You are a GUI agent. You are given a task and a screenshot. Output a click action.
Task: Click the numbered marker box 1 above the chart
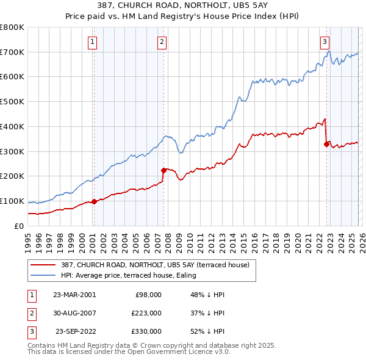92,42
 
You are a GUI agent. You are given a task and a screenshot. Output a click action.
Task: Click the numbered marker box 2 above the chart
162,42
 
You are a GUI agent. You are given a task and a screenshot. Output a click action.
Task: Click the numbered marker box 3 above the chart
325,42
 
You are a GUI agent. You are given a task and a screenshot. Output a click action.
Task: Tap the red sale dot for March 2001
95,201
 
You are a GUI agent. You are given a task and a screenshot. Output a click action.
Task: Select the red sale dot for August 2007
163,170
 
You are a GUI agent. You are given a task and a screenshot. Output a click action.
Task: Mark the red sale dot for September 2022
326,144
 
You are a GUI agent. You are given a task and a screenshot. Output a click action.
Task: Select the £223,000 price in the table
146,313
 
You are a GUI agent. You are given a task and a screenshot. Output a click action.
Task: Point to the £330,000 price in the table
146,331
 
